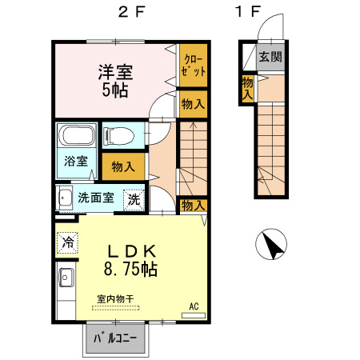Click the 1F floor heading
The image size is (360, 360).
[249, 14]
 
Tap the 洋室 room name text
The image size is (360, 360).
[115, 71]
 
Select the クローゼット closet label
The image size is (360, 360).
[193, 64]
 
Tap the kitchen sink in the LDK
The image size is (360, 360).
[65, 279]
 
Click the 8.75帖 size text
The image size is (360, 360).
[130, 269]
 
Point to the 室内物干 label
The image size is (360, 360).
[115, 299]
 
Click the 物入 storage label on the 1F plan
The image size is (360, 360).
[248, 88]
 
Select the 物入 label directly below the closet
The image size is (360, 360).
[193, 103]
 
